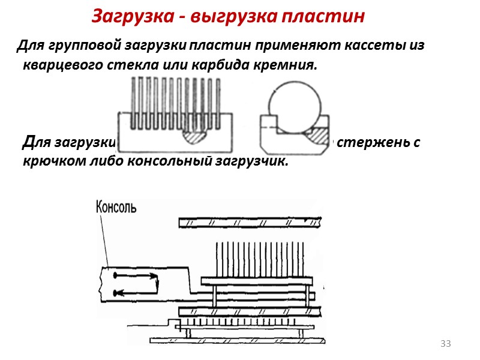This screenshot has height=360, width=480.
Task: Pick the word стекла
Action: (x=131, y=65)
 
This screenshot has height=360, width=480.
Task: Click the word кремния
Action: (x=285, y=65)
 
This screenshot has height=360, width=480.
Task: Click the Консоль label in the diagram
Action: (x=116, y=208)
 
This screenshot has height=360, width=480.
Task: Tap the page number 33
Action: (x=445, y=344)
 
